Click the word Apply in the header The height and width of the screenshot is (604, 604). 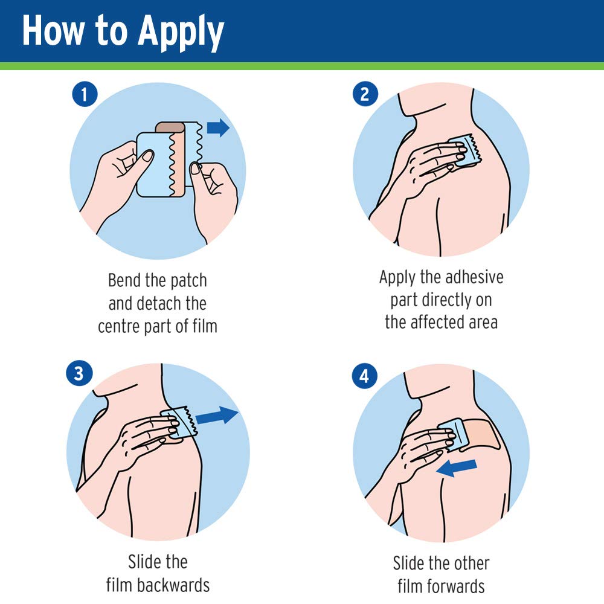tap(181, 33)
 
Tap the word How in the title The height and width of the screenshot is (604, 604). tap(53, 30)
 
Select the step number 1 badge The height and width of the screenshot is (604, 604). tap(85, 94)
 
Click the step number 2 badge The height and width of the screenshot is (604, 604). tap(365, 94)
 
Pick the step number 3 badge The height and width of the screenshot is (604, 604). tap(79, 373)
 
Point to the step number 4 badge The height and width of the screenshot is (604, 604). tap(365, 376)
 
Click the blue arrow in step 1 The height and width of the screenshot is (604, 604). tap(219, 127)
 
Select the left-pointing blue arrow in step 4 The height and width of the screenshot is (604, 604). tap(457, 467)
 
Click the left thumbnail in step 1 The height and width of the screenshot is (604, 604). tap(147, 156)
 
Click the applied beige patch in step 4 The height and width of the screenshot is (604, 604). tap(481, 434)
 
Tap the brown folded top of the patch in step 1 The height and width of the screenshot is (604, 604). tap(170, 127)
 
